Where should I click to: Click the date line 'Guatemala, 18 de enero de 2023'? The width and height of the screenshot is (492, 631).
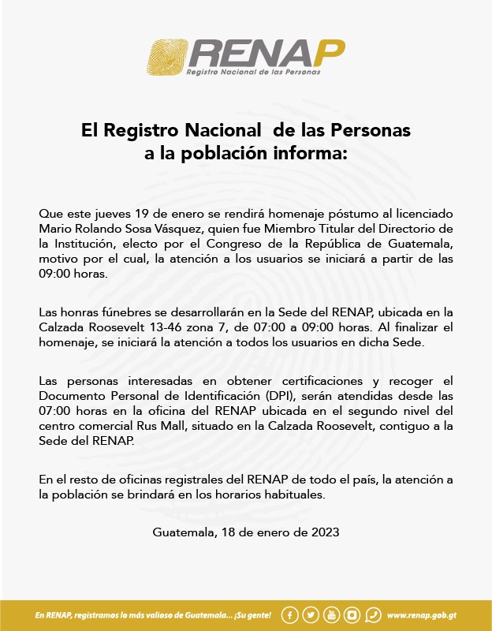tap(246, 532)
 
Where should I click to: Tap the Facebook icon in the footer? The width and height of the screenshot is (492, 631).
tap(290, 615)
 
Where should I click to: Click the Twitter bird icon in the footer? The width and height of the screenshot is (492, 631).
tap(311, 615)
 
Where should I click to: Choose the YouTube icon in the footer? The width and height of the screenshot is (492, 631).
tap(331, 615)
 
